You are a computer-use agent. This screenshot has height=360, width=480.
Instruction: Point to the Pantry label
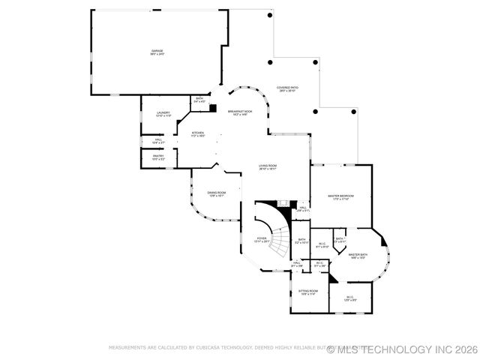tap(158, 157)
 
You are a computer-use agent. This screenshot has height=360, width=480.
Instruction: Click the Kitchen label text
tap(198, 134)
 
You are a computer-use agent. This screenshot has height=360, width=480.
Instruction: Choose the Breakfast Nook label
tap(240, 112)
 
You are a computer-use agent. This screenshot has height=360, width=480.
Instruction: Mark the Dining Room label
tap(217, 194)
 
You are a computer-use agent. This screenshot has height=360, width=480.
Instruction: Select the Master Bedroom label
tap(340, 197)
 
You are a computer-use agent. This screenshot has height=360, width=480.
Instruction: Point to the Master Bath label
tap(358, 256)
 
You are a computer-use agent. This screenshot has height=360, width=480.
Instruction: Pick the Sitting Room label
tap(308, 292)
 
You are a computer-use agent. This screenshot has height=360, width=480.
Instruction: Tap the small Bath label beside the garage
tap(199, 100)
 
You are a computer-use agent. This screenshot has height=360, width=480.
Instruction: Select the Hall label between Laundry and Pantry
tap(159, 140)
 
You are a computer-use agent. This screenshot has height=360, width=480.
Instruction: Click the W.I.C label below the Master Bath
tap(349, 298)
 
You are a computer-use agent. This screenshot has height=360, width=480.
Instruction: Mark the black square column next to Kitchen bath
tap(213, 109)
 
